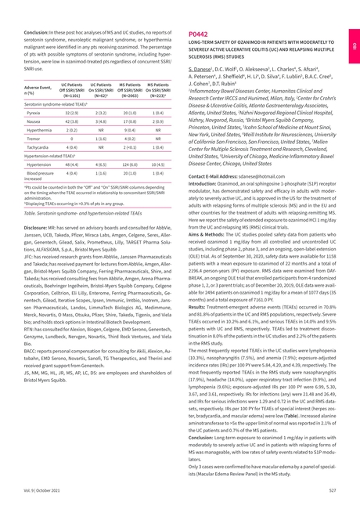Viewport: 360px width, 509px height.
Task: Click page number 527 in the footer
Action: coord(331,489)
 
